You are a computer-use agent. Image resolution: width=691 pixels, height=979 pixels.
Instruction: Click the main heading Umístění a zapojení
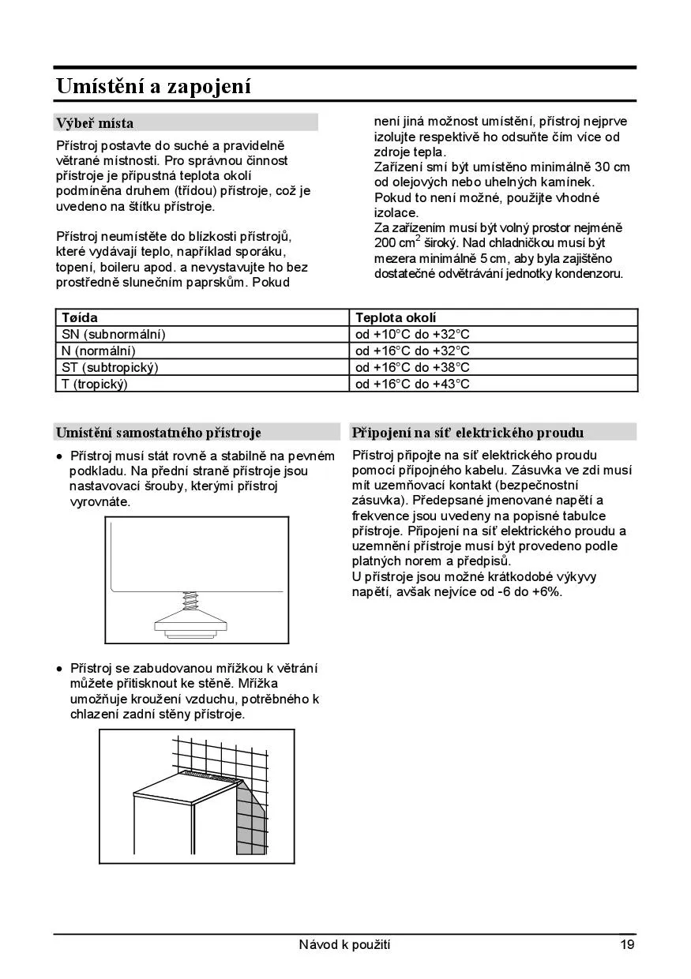coord(153,86)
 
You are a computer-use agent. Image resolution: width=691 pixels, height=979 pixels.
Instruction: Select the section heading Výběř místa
coord(94,123)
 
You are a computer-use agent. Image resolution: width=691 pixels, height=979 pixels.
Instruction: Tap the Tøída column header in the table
coord(80,317)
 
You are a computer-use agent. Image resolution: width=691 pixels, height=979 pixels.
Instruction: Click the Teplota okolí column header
coord(396,317)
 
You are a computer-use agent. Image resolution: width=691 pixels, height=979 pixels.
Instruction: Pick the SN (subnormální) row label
coord(114,334)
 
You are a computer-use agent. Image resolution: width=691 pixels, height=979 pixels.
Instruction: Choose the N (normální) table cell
coord(99,351)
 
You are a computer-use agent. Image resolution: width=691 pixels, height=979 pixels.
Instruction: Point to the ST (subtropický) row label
coord(111,367)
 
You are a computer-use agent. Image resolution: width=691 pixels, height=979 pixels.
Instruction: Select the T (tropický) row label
coord(95,384)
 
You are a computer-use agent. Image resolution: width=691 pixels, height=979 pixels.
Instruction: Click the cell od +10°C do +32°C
coord(412,334)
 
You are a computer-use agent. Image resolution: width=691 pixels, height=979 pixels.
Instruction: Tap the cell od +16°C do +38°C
coord(412,367)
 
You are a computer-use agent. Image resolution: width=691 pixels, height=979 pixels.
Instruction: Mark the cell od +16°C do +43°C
coord(412,384)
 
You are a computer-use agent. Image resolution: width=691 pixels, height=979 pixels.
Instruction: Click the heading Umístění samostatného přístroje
coord(158,433)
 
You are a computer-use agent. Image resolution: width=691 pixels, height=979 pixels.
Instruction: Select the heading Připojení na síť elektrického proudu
coord(468,433)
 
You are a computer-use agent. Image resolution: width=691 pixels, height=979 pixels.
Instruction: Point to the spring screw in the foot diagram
coord(190,605)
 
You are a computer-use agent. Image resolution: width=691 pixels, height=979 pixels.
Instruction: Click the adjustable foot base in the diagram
coord(190,626)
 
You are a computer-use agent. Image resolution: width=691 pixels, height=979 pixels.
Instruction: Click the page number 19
coord(627,944)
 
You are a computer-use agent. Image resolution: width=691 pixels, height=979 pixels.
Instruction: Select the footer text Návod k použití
coord(344,944)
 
